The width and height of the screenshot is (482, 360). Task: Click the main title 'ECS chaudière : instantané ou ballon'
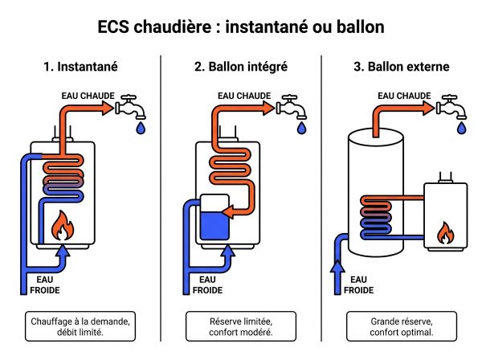(241, 27)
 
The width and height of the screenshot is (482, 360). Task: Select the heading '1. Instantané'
(80, 66)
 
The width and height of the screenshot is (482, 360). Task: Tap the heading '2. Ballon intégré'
(241, 66)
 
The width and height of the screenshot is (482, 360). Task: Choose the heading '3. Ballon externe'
(401, 66)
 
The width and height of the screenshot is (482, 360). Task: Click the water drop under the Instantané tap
(141, 127)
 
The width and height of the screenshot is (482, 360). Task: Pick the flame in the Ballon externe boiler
(444, 233)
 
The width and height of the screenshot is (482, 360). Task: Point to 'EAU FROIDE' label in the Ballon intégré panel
(206, 284)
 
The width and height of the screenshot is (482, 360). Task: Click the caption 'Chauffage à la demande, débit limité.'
(80, 326)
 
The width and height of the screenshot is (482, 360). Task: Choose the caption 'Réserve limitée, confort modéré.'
(241, 326)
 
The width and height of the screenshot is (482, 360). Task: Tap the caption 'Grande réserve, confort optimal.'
(401, 326)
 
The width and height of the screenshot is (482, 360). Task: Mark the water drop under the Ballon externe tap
(462, 127)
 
